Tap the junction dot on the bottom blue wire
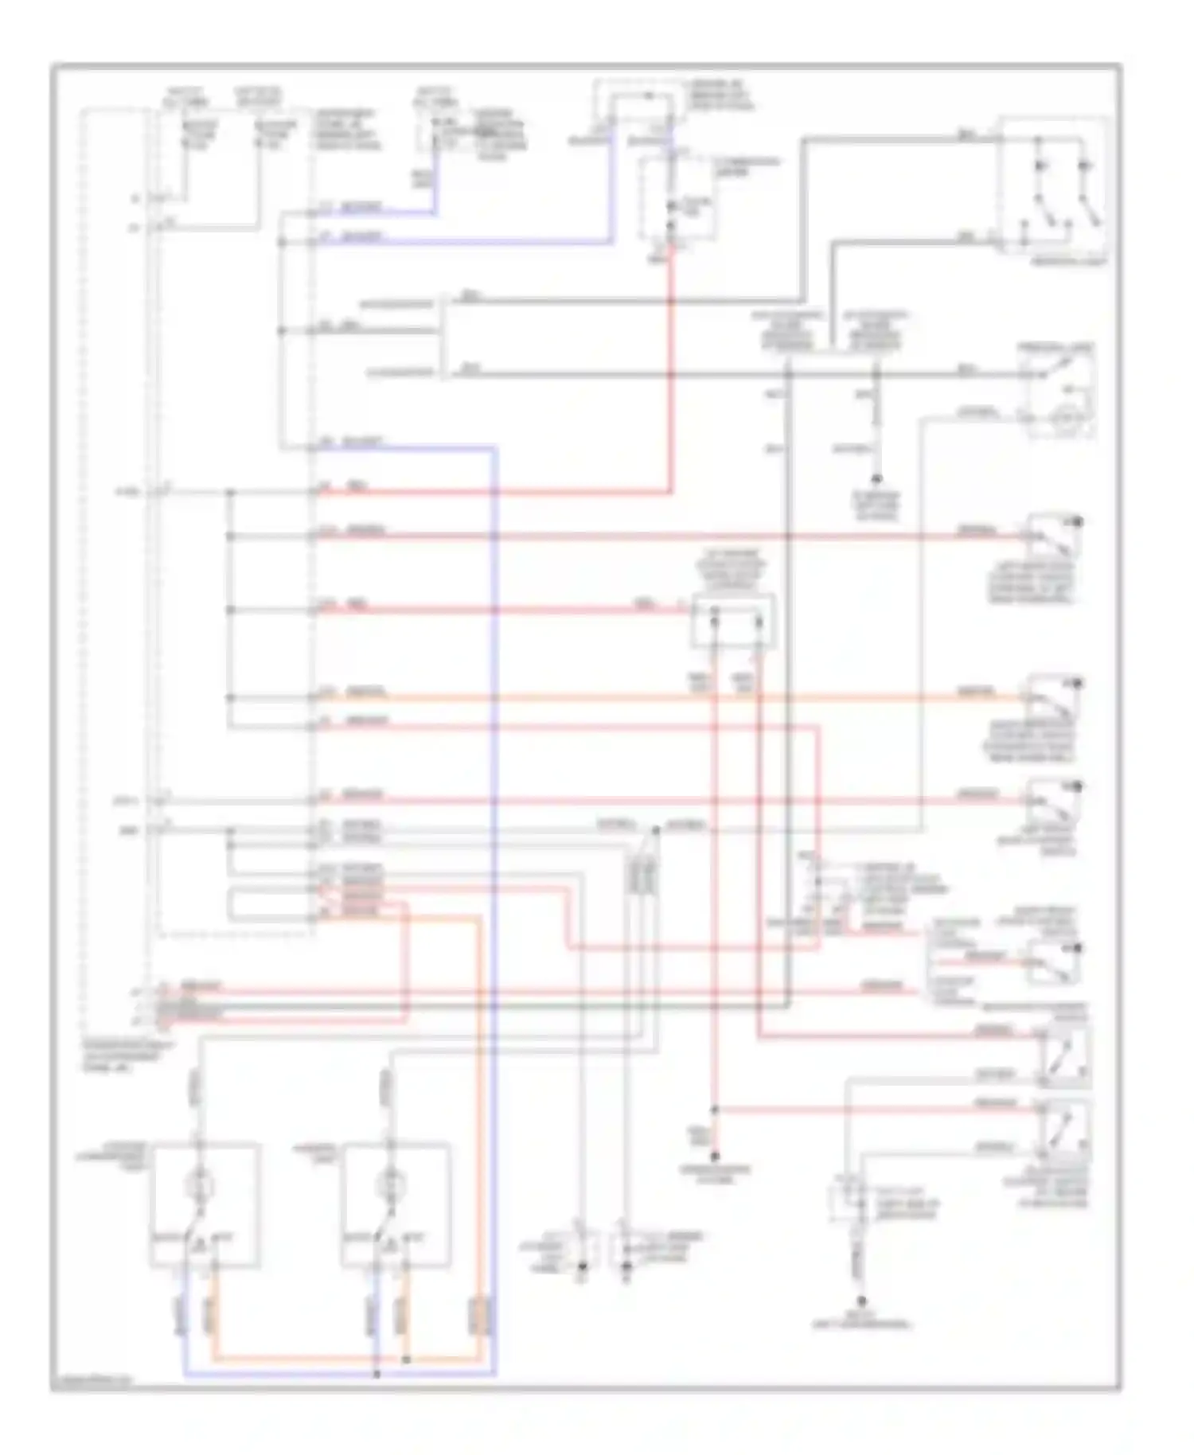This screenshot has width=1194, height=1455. (x=377, y=1374)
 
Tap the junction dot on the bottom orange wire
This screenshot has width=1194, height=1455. (x=406, y=1359)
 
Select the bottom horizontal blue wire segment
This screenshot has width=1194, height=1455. (x=334, y=1375)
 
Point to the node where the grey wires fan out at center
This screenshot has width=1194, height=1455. (x=656, y=830)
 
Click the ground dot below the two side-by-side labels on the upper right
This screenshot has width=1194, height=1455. (x=876, y=480)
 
